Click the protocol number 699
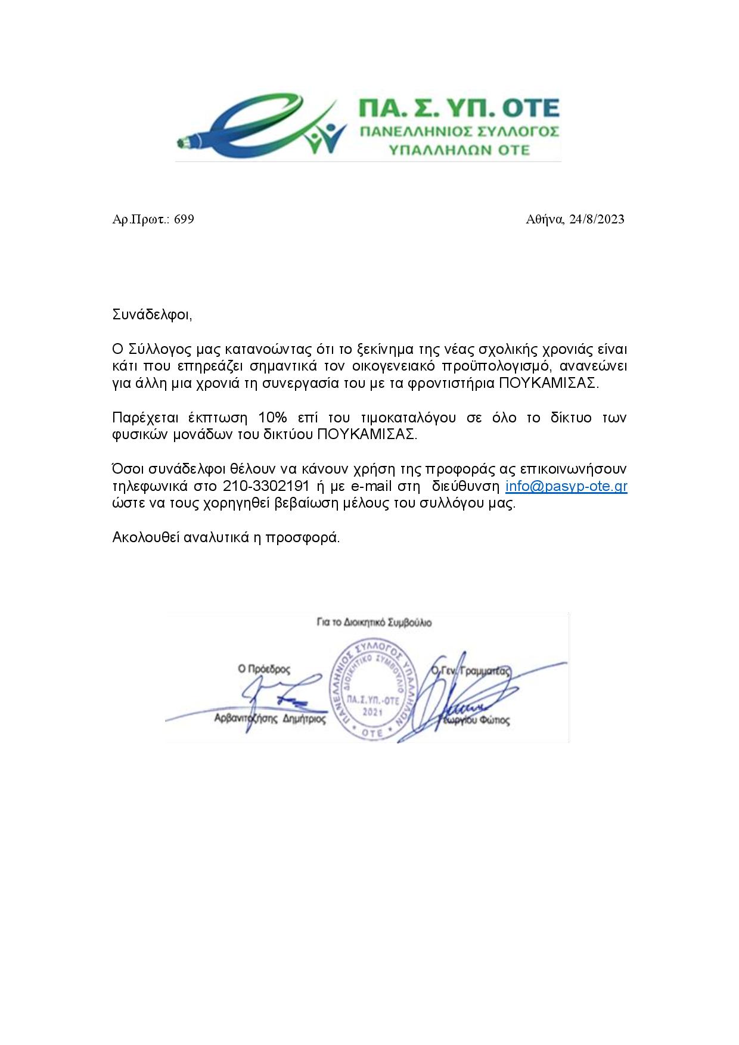[184, 219]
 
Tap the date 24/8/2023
[597, 219]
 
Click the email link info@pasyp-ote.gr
[566, 486]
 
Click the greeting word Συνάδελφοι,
[152, 315]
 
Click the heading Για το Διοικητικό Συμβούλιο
[374, 623]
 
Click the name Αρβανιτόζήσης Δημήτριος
[270, 719]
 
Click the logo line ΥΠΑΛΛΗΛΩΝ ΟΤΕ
[459, 150]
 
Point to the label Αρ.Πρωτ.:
[141, 219]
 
